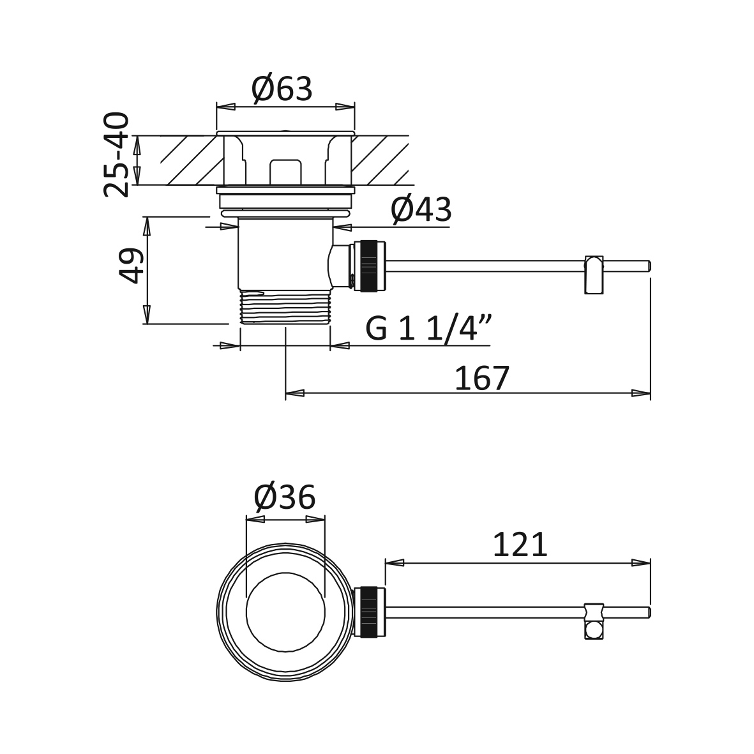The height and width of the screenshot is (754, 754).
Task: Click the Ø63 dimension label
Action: point(282,89)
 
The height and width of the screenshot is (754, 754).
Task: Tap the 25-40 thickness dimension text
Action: point(117,155)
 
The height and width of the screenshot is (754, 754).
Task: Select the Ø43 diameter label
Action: point(421,210)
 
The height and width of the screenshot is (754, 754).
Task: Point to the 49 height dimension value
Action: point(131,266)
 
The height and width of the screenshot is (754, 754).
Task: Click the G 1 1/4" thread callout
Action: point(428,329)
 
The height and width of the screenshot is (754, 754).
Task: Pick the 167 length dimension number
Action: point(481,379)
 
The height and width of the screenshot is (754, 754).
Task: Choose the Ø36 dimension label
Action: point(285,497)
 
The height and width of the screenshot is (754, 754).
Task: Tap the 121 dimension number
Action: point(520,545)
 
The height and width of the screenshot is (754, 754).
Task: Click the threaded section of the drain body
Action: point(285,307)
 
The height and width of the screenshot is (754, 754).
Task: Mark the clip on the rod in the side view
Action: point(593,275)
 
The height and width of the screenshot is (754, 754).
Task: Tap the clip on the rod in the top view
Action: point(594,621)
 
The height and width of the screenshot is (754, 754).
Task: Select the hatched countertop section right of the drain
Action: point(380,160)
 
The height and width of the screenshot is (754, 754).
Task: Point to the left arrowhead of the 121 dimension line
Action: point(395,562)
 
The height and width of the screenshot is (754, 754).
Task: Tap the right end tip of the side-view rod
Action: point(651,266)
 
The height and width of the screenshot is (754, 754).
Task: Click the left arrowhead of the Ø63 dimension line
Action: point(226,107)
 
